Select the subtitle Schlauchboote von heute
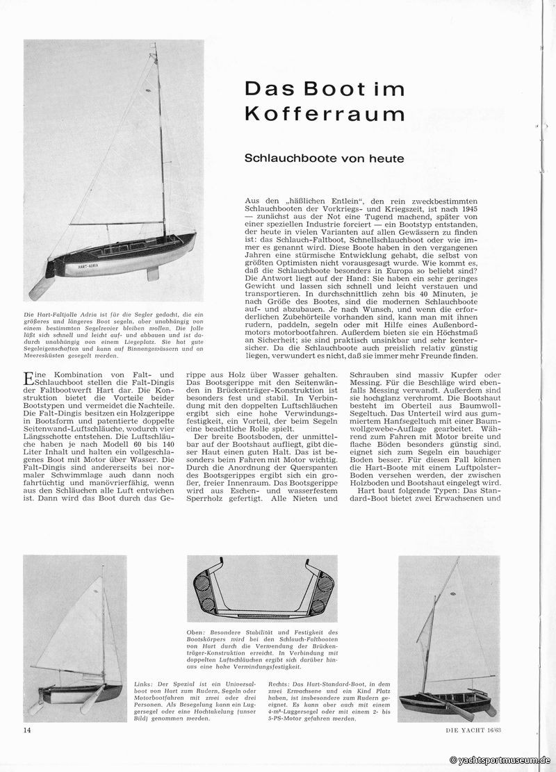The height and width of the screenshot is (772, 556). [x=324, y=158]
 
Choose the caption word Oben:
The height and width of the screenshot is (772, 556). [x=198, y=632]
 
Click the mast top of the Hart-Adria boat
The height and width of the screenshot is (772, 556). [x=156, y=46]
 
